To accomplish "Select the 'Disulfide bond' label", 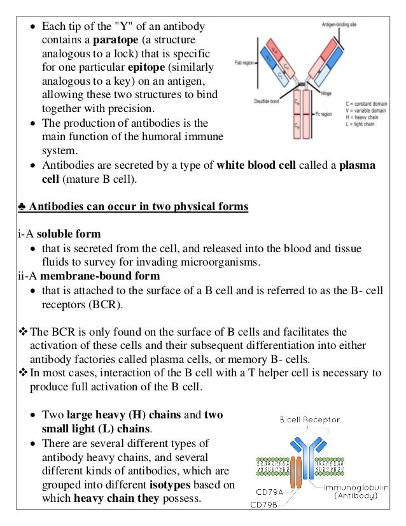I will click(268, 89).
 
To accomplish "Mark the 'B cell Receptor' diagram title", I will click(310, 420).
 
